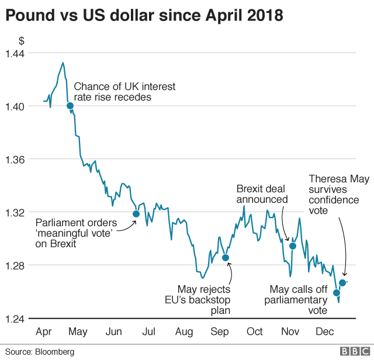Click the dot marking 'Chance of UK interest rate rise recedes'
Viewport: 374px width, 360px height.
(x=70, y=106)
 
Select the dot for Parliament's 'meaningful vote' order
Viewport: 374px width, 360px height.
(x=136, y=213)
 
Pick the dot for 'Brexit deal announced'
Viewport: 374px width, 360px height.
(x=293, y=246)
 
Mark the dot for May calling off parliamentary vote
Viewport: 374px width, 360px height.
(x=337, y=292)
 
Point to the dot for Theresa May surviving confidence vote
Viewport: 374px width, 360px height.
(x=342, y=283)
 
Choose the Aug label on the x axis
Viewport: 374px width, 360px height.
(x=185, y=332)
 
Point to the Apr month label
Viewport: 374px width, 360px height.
(x=44, y=332)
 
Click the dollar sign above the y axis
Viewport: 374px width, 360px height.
(x=22, y=41)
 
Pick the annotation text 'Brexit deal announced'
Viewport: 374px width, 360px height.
(x=262, y=194)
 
